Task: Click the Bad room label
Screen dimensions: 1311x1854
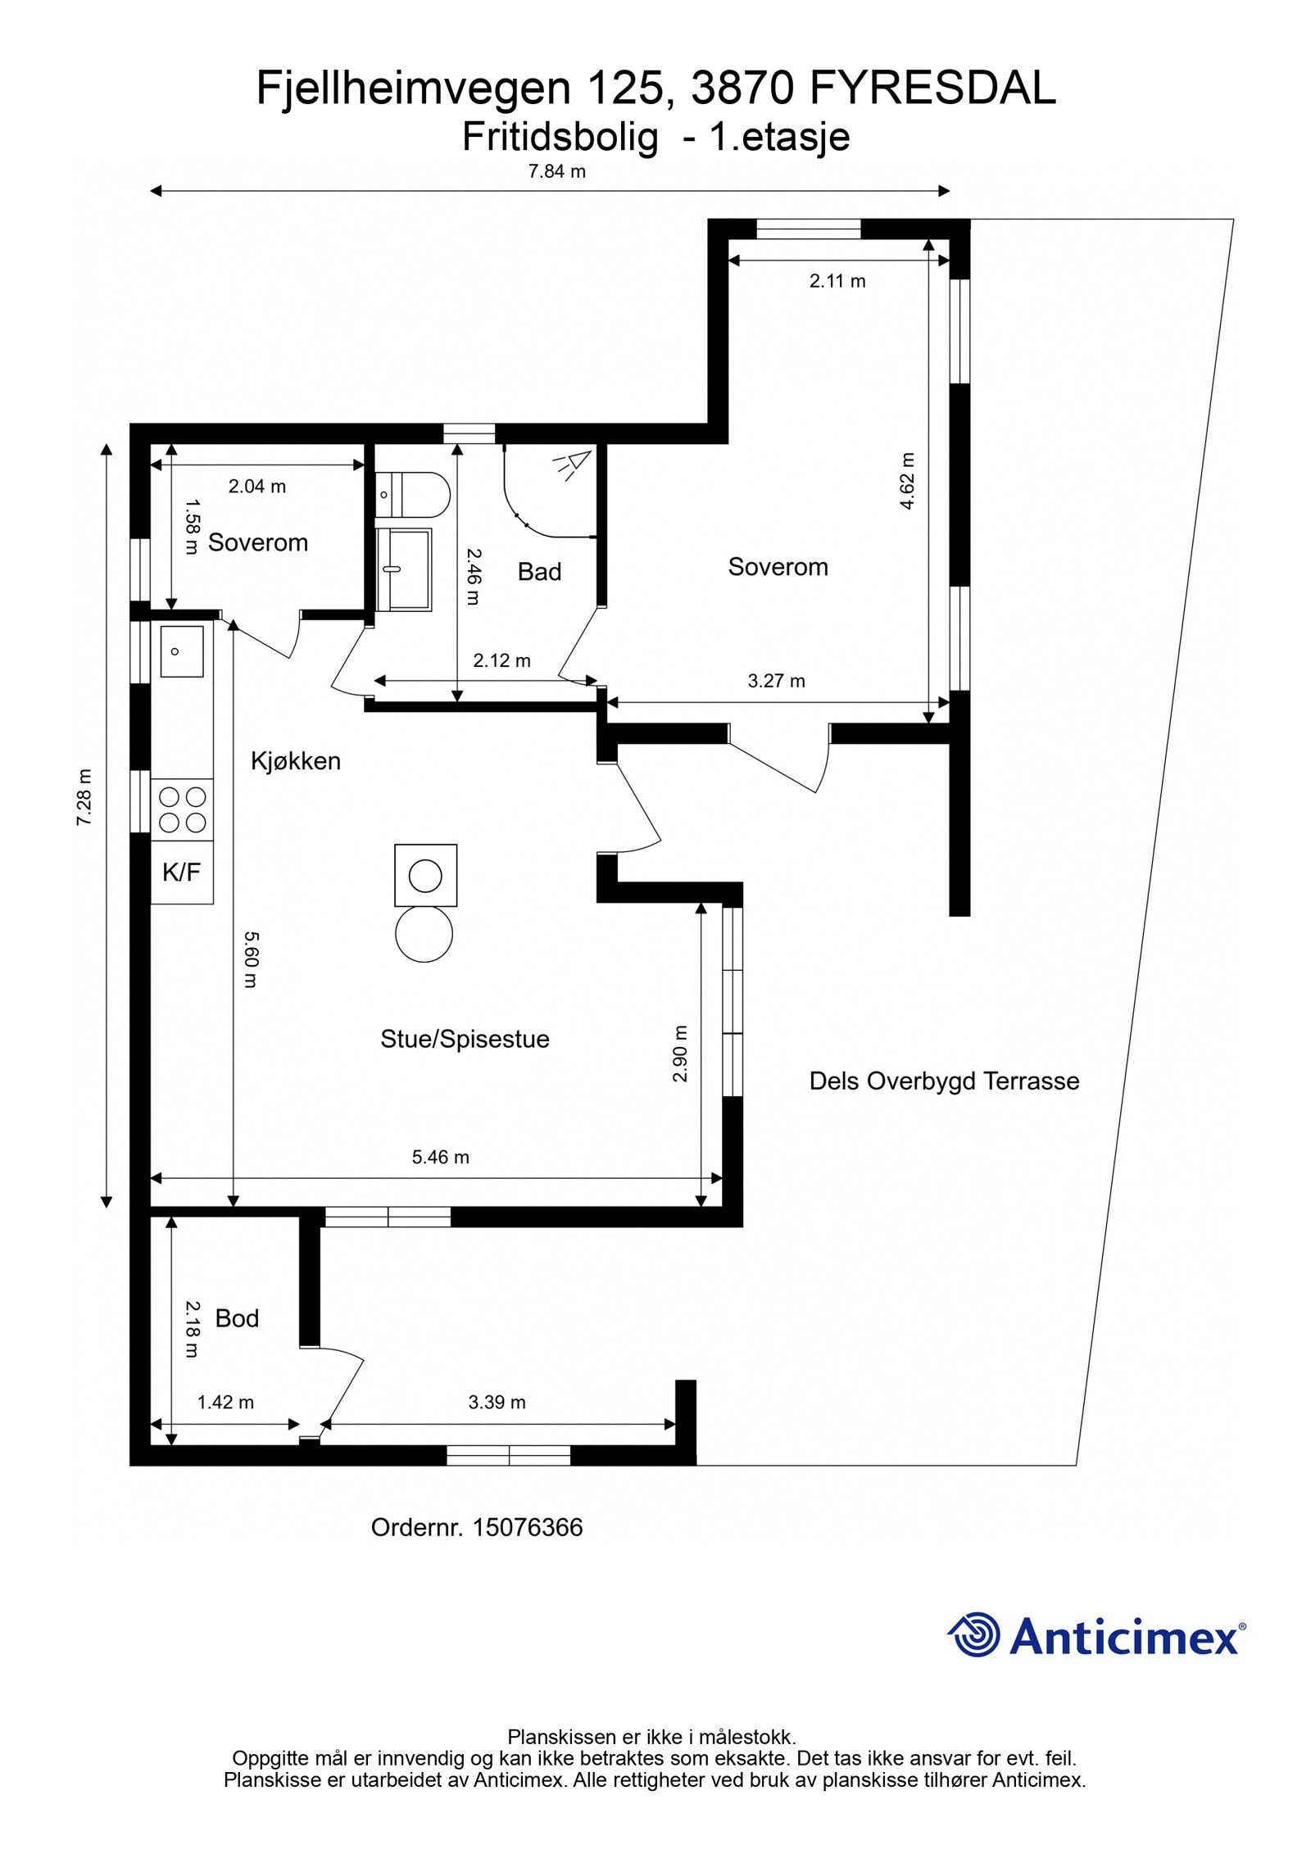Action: pos(539,572)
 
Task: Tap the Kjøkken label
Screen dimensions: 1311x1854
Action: pos(295,761)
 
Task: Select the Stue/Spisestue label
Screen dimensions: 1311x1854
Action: pos(465,1040)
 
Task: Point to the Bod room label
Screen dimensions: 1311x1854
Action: pos(237,1318)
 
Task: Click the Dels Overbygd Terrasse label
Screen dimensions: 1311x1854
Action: pos(944,1081)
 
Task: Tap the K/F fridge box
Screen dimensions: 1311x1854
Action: pos(182,873)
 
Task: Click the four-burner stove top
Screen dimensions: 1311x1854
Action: pos(182,809)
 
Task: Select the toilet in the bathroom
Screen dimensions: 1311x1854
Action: pos(413,495)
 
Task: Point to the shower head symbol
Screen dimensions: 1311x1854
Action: pos(573,464)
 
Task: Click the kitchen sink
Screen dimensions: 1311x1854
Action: pos(182,651)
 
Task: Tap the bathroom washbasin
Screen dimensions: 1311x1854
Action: pos(403,569)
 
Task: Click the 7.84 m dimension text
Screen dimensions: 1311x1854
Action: pos(557,171)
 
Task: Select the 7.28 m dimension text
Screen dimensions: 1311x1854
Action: pos(84,796)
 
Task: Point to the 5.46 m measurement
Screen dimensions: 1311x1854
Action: pos(441,1157)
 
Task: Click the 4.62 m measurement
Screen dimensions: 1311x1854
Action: pos(907,481)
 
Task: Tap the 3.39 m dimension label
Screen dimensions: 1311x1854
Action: pos(497,1402)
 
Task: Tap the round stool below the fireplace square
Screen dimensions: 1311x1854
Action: pos(424,934)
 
